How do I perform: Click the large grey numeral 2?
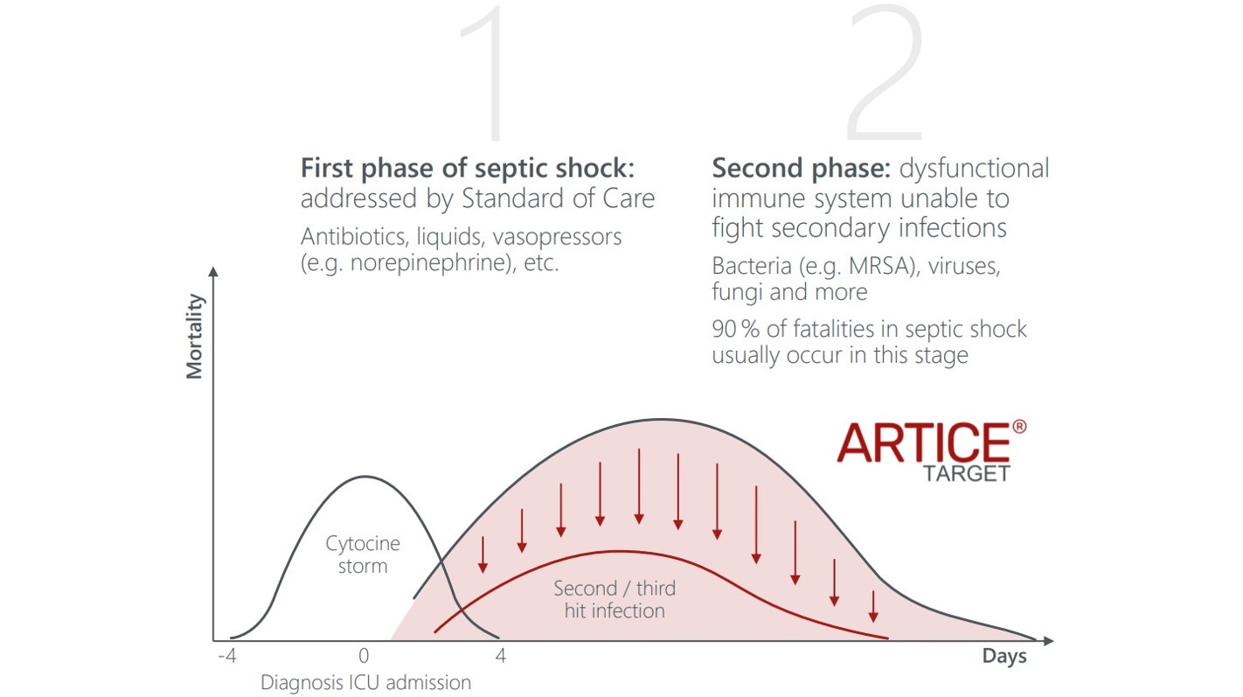point(885,73)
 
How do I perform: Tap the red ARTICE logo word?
point(924,443)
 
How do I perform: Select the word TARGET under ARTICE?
point(966,474)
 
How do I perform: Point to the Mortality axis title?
point(195,337)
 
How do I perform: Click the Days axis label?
point(1004,657)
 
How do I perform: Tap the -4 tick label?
point(227,656)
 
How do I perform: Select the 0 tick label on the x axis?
point(364,656)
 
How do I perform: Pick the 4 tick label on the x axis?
point(501,656)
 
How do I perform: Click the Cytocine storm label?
point(363,554)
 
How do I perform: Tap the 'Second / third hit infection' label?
point(615,599)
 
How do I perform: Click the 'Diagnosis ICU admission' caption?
point(365,682)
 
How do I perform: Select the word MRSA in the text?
point(881,266)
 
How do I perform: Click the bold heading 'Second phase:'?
point(802,168)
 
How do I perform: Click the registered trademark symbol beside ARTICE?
point(1019,427)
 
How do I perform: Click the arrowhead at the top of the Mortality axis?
point(213,271)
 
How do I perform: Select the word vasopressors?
point(557,238)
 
